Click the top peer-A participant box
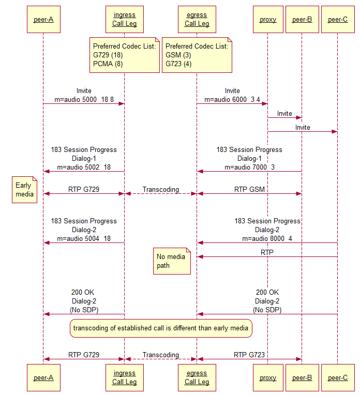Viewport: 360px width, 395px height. point(43,20)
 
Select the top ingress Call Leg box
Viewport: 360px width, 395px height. point(124,20)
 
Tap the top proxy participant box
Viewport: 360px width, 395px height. point(268,20)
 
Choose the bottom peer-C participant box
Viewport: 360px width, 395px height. point(338,377)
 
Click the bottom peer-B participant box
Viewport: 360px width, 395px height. point(302,377)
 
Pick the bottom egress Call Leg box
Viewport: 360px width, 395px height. point(197,377)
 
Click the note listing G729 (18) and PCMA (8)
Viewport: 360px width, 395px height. point(124,55)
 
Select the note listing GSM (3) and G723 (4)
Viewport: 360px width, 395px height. point(197,55)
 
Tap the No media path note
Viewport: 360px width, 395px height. point(173,261)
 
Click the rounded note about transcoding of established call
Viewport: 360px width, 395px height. point(161,328)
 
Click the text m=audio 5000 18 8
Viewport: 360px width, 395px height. point(83,99)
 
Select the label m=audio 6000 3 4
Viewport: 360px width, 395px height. point(232,99)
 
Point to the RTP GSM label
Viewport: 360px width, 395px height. point(249,189)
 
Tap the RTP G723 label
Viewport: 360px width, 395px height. point(249,355)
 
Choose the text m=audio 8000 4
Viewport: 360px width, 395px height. point(267,238)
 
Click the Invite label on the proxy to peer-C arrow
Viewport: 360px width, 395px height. point(303,127)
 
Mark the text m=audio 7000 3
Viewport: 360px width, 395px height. point(249,167)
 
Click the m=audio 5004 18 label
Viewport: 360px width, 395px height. point(83,238)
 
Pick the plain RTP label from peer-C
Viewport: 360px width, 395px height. point(267,252)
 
